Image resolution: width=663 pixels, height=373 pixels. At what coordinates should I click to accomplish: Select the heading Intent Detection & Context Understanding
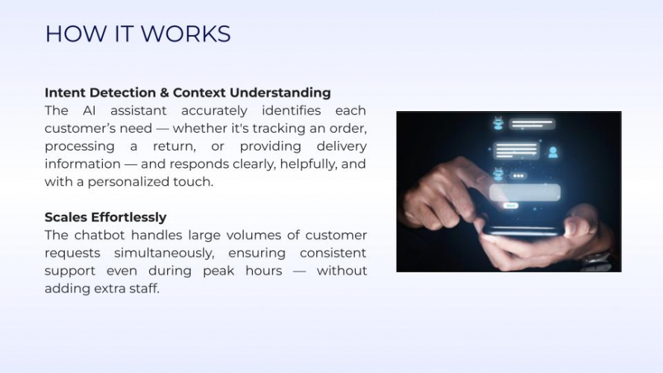pyautogui.click(x=187, y=93)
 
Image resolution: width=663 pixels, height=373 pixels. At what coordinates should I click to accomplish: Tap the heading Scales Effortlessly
pyautogui.click(x=105, y=217)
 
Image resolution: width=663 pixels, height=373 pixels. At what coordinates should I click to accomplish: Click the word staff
pyautogui.click(x=146, y=289)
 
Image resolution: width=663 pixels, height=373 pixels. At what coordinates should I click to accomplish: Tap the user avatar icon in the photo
pyautogui.click(x=553, y=152)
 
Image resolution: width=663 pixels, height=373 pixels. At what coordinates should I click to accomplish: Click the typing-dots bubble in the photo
pyautogui.click(x=518, y=176)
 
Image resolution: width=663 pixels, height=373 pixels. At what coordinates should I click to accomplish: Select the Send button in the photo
pyautogui.click(x=510, y=206)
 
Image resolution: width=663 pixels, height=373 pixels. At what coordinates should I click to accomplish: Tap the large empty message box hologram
pyautogui.click(x=524, y=192)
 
